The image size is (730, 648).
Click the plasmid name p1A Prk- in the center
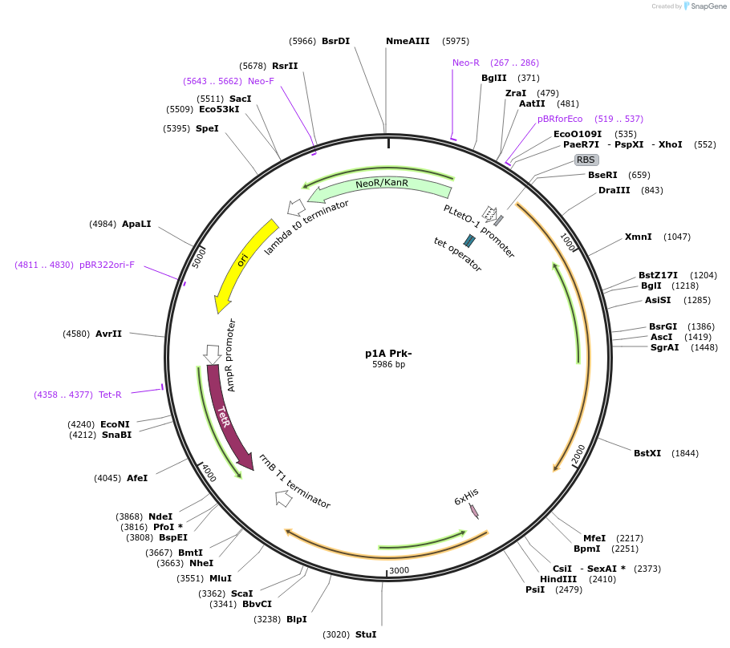point(388,353)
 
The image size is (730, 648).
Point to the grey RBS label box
point(586,160)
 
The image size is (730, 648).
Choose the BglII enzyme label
point(493,78)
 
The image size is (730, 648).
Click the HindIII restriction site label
point(558,579)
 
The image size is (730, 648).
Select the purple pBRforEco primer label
point(560,119)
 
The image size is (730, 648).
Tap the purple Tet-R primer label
point(110,395)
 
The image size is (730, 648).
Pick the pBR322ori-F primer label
point(107,265)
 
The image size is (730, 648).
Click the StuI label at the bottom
point(365,634)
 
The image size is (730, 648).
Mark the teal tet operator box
point(469,240)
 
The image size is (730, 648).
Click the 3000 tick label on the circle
point(399,571)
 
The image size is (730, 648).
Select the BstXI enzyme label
point(647,453)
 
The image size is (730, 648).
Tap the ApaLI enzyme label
point(136,224)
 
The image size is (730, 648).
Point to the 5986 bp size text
point(388,364)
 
